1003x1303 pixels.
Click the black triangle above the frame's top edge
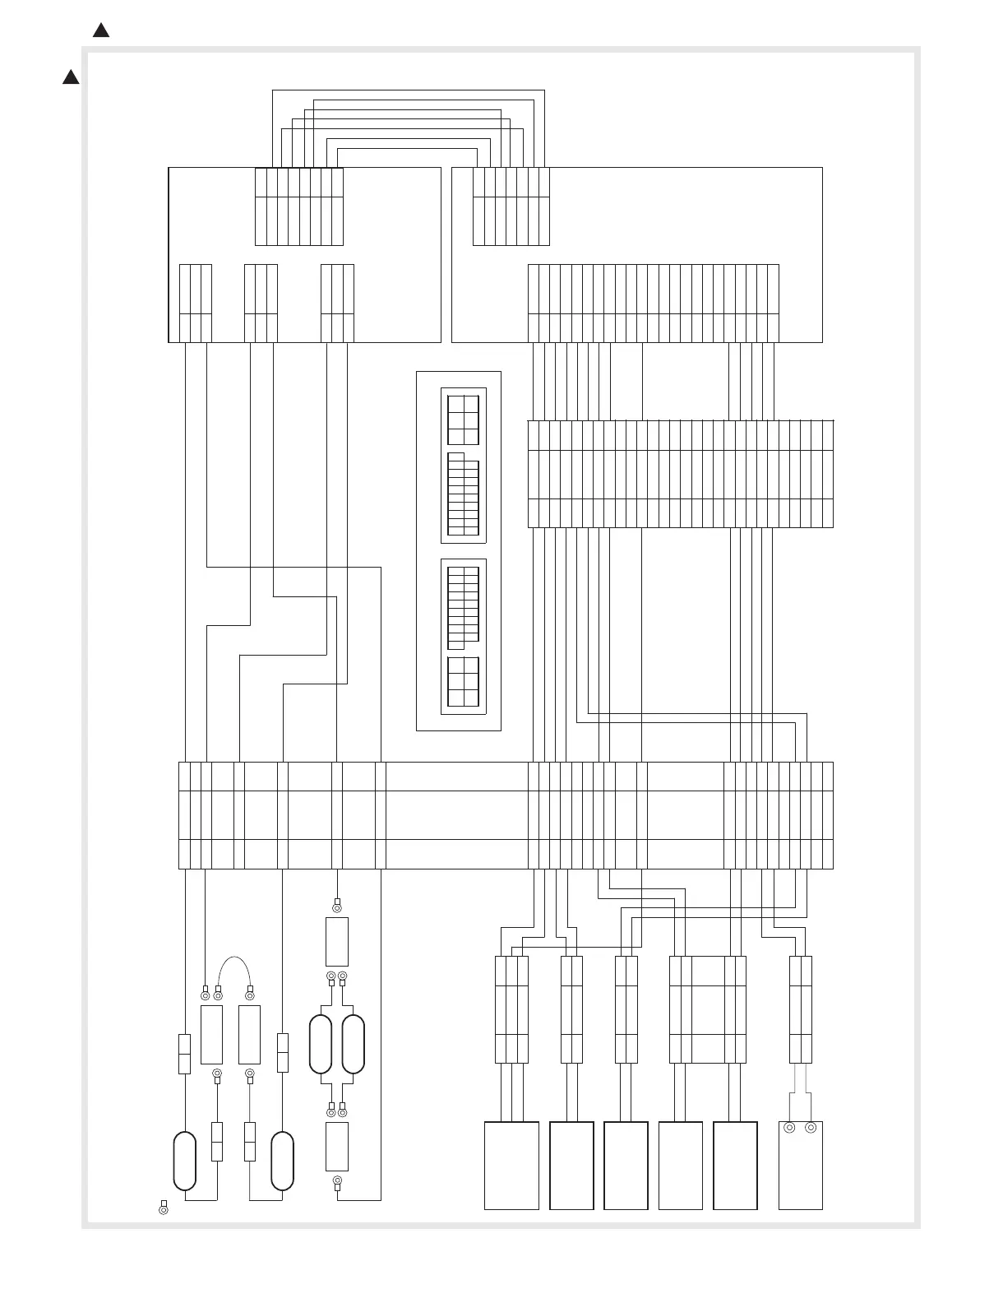tap(101, 30)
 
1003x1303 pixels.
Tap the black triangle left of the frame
tap(71, 77)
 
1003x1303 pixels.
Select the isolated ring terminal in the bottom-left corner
tap(163, 1210)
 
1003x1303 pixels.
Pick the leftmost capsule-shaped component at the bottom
tap(184, 1161)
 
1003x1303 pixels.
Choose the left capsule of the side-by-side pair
tap(320, 1045)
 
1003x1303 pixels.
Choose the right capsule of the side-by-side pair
tap(353, 1045)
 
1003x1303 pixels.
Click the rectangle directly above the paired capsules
tap(336, 942)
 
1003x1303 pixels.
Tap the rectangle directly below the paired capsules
tap(336, 1146)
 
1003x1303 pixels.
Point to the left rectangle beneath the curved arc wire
tap(211, 1034)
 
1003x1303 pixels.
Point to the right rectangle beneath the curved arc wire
tap(249, 1034)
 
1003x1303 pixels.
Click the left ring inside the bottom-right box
tap(789, 1128)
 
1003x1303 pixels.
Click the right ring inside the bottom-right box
tap(811, 1128)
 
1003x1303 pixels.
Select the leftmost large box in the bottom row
tap(511, 1165)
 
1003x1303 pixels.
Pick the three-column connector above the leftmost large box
tap(511, 1009)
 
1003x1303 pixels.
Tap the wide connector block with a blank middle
tap(708, 1009)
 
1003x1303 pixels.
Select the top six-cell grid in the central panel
tap(463, 420)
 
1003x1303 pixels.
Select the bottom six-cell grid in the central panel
tap(463, 681)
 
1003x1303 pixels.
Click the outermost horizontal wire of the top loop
tap(408, 90)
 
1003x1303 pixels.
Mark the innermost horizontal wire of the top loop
tap(408, 149)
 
